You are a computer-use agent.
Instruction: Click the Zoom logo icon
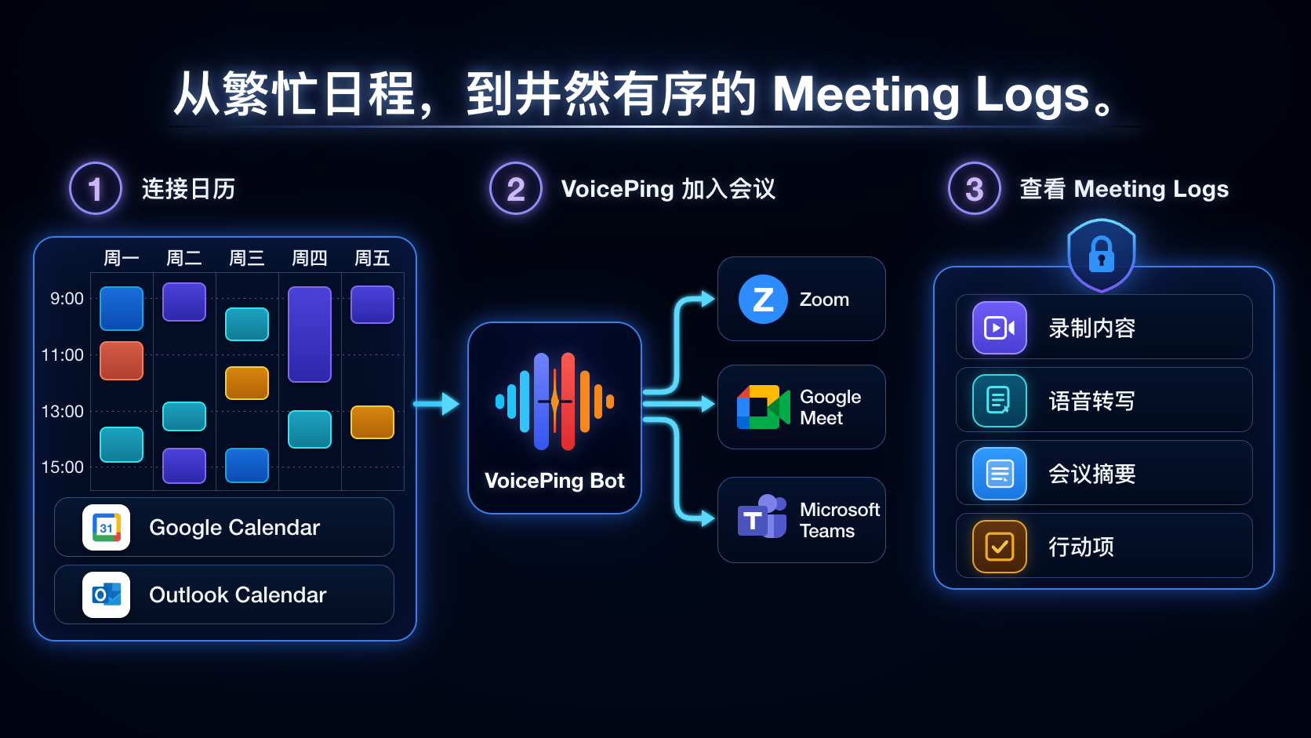pyautogui.click(x=763, y=299)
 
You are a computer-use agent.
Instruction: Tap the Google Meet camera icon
pyautogui.click(x=763, y=407)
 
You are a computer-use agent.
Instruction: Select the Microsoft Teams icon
pyautogui.click(x=761, y=517)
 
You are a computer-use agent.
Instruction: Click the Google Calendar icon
pyautogui.click(x=106, y=527)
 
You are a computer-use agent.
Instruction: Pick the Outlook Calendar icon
pyautogui.click(x=106, y=594)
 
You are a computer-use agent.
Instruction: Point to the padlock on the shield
pyautogui.click(x=1101, y=255)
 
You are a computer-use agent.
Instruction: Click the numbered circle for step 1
pyautogui.click(x=96, y=188)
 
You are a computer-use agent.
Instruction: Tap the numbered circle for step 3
pyautogui.click(x=975, y=188)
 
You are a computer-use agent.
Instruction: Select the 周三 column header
pyautogui.click(x=246, y=258)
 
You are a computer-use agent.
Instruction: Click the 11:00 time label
pyautogui.click(x=63, y=354)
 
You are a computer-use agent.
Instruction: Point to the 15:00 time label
pyautogui.click(x=63, y=467)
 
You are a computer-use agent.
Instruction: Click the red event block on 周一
pyautogui.click(x=122, y=361)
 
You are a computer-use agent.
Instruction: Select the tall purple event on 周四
pyautogui.click(x=310, y=334)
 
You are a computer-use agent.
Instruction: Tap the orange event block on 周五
pyautogui.click(x=372, y=422)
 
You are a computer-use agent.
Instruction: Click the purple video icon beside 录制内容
pyautogui.click(x=1000, y=328)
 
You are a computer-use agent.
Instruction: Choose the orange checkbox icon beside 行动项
pyautogui.click(x=1000, y=547)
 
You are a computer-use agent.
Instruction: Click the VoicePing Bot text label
pyautogui.click(x=554, y=481)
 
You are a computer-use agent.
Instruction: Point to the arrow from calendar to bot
pyautogui.click(x=436, y=404)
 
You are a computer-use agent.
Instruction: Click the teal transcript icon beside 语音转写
pyautogui.click(x=1000, y=401)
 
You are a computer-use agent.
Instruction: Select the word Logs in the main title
pyautogui.click(x=1033, y=96)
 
